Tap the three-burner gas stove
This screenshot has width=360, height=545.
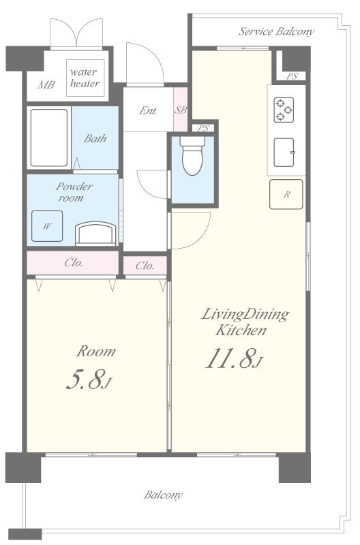[284, 110]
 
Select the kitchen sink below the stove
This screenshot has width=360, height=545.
[284, 152]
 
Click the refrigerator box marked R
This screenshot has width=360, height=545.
[286, 194]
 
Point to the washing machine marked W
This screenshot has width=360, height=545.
[47, 226]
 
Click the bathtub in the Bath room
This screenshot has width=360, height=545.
[49, 138]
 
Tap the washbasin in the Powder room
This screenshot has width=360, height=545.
[95, 234]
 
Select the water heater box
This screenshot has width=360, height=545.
[85, 78]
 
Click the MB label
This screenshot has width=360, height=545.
[46, 84]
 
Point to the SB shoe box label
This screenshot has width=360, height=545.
[181, 110]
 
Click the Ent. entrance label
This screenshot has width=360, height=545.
[148, 111]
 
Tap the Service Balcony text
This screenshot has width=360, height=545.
[276, 31]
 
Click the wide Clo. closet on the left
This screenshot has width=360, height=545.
[73, 263]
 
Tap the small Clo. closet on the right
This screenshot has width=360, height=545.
[145, 266]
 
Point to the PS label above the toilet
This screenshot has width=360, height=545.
[203, 128]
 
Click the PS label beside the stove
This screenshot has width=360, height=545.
[292, 76]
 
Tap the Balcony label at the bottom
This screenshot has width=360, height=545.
[164, 495]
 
